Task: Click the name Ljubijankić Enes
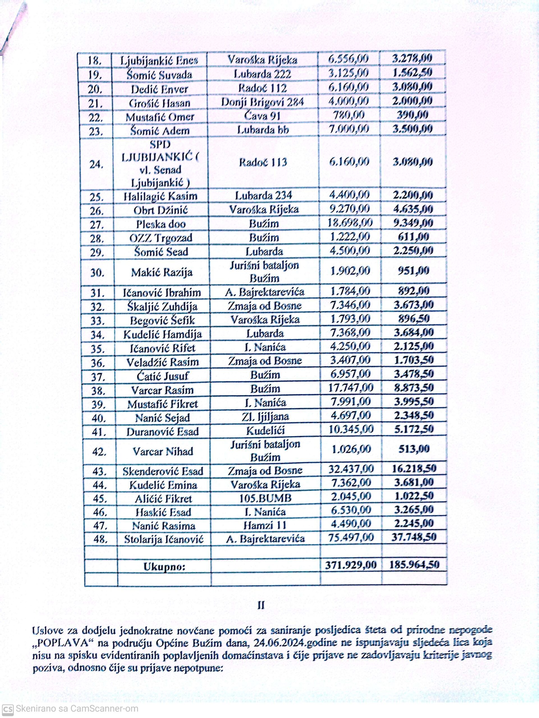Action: pyautogui.click(x=159, y=61)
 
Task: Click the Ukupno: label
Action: pyautogui.click(x=164, y=567)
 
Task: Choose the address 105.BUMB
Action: pyautogui.click(x=265, y=498)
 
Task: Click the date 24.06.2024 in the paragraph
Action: pyautogui.click(x=290, y=642)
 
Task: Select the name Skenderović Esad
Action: pyautogui.click(x=163, y=471)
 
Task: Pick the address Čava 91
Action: pyautogui.click(x=262, y=116)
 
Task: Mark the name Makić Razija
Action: pyautogui.click(x=162, y=272)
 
